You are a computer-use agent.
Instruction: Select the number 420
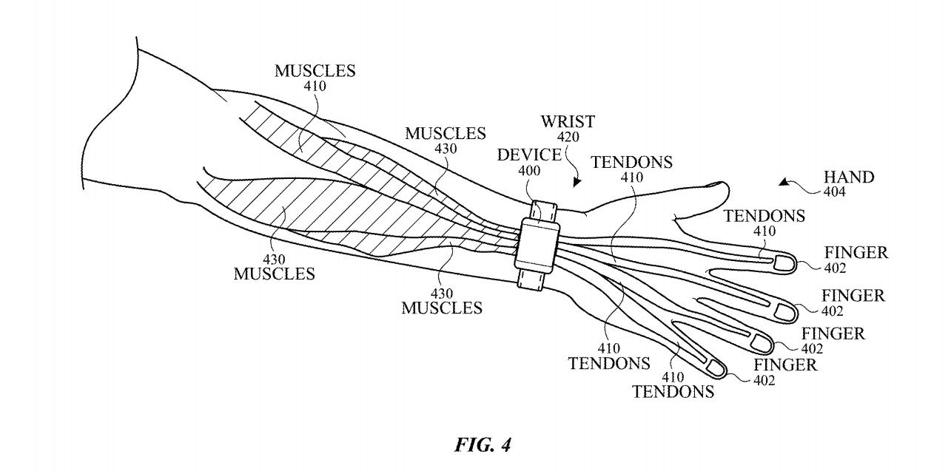coord(568,136)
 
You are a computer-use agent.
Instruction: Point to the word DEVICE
coord(528,154)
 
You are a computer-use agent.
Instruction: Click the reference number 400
coord(530,170)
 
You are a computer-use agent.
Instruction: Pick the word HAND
coord(850,177)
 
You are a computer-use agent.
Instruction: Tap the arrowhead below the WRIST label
coord(578,180)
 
